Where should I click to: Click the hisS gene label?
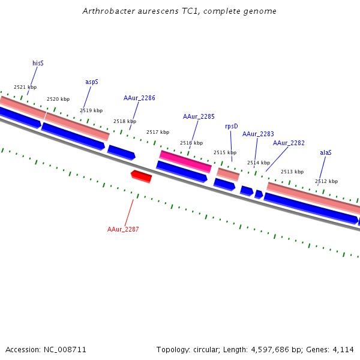38,63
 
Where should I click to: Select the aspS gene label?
92,82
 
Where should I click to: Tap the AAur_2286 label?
139,98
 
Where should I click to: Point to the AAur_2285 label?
199,116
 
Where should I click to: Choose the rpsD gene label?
231,126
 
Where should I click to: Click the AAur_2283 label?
258,134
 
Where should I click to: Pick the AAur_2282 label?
289,143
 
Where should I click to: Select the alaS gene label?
326,152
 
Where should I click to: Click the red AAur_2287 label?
123,229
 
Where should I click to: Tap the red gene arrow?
142,176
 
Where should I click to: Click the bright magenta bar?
185,161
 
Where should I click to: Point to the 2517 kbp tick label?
158,132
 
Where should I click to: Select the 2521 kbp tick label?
25,87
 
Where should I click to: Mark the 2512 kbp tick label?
326,181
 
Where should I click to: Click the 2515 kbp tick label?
225,152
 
